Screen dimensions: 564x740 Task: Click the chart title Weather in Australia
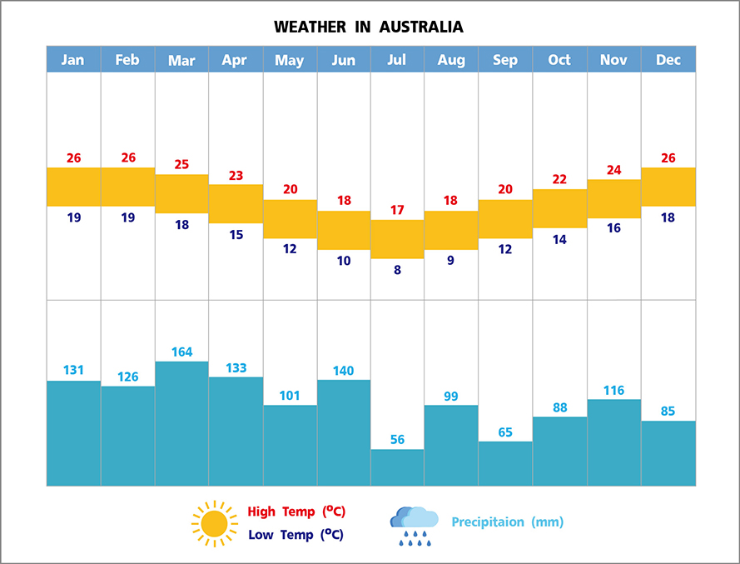pyautogui.click(x=369, y=27)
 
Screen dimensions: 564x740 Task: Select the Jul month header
pyautogui.click(x=397, y=59)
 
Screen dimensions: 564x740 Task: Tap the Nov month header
pyautogui.click(x=613, y=59)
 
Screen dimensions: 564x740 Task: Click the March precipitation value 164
pyautogui.click(x=181, y=352)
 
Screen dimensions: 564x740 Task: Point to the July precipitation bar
pyautogui.click(x=397, y=467)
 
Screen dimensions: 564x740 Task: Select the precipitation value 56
pyautogui.click(x=397, y=440)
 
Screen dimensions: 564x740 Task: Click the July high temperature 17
pyautogui.click(x=397, y=209)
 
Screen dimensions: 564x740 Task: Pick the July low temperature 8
pyautogui.click(x=397, y=269)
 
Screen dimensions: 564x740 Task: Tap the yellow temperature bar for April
pyautogui.click(x=236, y=203)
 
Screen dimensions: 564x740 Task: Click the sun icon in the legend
pyautogui.click(x=214, y=523)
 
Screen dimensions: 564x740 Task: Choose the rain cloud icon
pyautogui.click(x=414, y=526)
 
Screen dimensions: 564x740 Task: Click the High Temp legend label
pyautogui.click(x=296, y=512)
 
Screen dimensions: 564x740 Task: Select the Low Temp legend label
pyautogui.click(x=296, y=535)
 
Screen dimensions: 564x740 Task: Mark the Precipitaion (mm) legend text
pyautogui.click(x=507, y=522)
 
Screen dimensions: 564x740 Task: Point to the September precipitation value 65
pyautogui.click(x=505, y=432)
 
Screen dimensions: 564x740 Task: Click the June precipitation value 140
pyautogui.click(x=343, y=371)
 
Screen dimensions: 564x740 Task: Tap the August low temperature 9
pyautogui.click(x=450, y=260)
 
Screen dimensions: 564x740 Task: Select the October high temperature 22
pyautogui.click(x=559, y=179)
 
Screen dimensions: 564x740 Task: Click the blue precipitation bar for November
pyautogui.click(x=613, y=442)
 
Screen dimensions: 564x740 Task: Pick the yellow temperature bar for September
pyautogui.click(x=505, y=219)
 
